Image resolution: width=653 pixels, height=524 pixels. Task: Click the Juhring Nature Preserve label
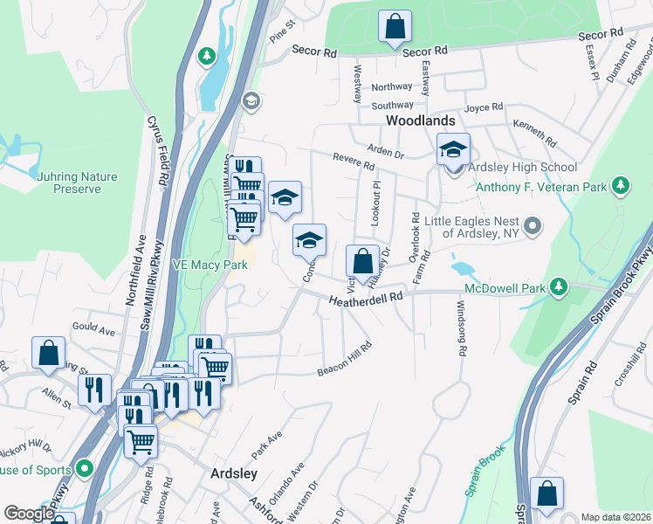coord(76,182)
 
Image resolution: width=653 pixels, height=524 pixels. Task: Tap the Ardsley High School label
coord(523,167)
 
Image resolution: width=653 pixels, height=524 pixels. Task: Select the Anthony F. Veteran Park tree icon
coord(621,185)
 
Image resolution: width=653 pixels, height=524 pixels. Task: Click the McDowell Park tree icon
coord(560,287)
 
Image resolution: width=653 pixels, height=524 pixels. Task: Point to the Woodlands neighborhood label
coord(421,121)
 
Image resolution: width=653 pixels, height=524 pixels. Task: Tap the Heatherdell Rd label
coord(366,300)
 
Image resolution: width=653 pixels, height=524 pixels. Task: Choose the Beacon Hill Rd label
coord(345,360)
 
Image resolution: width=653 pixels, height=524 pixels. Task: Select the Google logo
coord(29,514)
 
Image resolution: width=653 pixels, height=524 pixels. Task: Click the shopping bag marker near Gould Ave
coord(49,354)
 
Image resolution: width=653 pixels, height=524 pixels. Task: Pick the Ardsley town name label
coord(234,472)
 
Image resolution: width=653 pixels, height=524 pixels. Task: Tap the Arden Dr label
coord(386,152)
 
